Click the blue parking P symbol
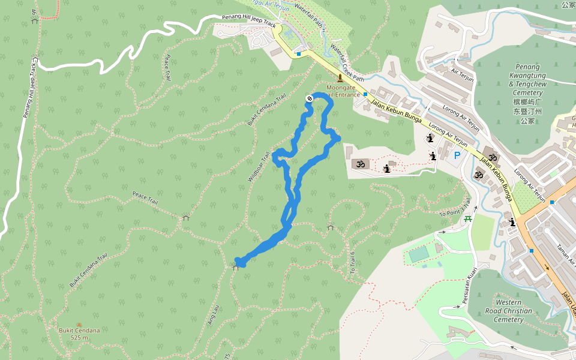pos(457,156)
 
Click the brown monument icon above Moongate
pos(340,78)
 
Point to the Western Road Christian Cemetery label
pos(512,311)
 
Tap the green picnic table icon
pos(467,218)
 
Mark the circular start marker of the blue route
pos(310,98)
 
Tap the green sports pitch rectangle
pos(419,254)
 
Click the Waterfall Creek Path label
pos(347,62)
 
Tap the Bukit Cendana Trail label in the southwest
pos(88,269)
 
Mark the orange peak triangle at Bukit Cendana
pos(79,324)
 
